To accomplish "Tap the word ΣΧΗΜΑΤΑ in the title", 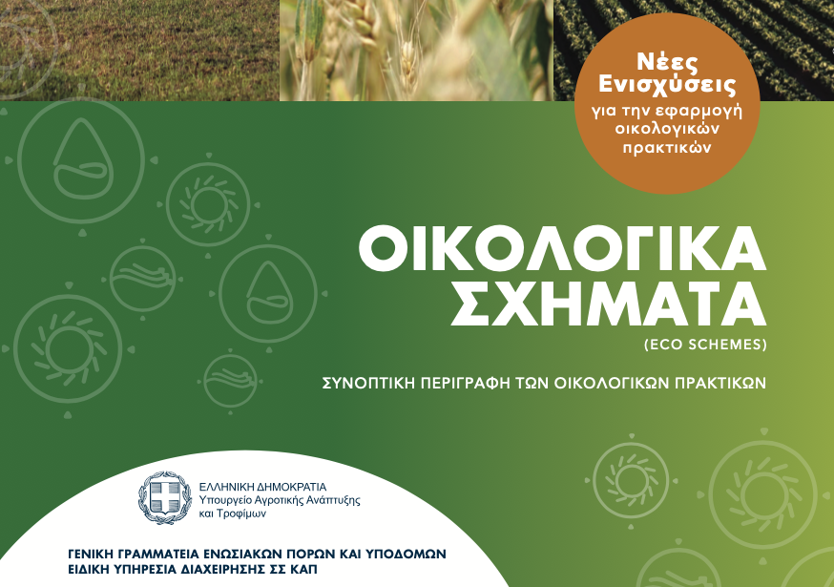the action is point(609,304).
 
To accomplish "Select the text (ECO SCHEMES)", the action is point(705,345).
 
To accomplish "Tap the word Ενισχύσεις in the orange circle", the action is point(667,86).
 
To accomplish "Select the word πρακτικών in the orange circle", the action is point(667,148).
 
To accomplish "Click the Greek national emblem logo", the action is point(165,498).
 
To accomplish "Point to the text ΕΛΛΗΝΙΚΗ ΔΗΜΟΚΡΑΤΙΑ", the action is point(262,487).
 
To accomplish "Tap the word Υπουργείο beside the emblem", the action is point(223,500).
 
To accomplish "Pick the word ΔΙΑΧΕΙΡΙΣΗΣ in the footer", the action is point(214,570).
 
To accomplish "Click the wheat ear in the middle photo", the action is point(408,61).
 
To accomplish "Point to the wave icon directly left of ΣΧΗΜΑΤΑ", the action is point(142,279).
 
